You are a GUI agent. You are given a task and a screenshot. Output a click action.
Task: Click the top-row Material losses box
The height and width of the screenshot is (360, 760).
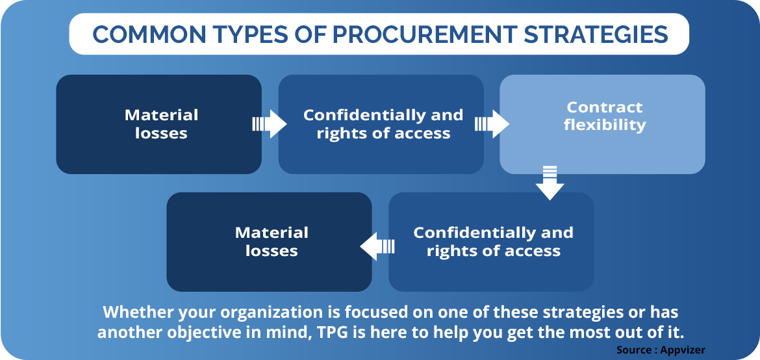pos(159,124)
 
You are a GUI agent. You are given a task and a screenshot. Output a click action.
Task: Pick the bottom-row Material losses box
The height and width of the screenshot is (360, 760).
pos(270,242)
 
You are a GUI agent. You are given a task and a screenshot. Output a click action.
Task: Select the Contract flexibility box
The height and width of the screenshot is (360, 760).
pos(602,124)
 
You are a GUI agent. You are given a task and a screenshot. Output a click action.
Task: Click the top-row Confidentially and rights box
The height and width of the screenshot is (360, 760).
pos(381,124)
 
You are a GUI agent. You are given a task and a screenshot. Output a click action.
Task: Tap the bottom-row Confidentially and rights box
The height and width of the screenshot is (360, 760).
pos(491,242)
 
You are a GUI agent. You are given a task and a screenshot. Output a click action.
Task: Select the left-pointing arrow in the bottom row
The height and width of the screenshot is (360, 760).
pos(377,246)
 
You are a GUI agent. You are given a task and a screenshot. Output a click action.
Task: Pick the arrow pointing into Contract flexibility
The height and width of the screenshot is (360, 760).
pos(492,123)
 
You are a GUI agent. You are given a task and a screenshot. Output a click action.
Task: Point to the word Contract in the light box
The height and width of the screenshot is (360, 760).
pos(604,107)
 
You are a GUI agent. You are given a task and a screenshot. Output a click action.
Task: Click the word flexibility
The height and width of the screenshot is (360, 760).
pos(605,125)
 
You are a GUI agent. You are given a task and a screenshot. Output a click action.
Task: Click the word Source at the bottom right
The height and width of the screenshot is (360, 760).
pos(635,350)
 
